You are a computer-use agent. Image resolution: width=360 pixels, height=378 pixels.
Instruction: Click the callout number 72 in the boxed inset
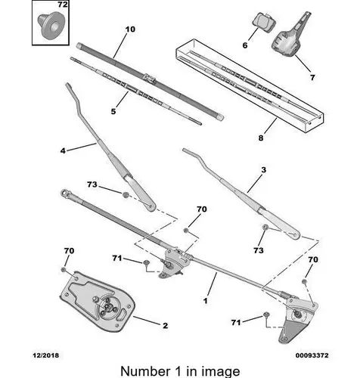[63, 5]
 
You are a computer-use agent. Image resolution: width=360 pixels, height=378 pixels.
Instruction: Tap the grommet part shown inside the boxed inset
[51, 25]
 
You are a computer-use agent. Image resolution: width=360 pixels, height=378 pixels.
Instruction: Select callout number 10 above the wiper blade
[130, 29]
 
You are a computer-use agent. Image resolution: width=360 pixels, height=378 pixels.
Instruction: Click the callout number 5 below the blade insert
[113, 111]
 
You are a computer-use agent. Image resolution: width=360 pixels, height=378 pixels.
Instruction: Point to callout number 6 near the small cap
[245, 45]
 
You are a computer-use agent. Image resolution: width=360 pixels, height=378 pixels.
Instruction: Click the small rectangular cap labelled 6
[263, 23]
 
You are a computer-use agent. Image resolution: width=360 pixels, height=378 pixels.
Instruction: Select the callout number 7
[312, 77]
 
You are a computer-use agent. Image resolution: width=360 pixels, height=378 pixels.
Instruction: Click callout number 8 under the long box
[261, 138]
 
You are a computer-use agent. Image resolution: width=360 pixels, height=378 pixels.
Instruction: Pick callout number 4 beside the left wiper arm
[63, 150]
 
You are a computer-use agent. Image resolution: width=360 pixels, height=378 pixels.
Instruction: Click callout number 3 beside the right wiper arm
[263, 170]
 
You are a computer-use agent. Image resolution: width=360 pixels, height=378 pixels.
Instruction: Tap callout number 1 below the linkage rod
[206, 301]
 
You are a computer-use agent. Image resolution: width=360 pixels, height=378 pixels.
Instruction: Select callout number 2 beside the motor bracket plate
[165, 326]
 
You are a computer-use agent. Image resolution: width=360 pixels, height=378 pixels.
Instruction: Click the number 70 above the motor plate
[69, 251]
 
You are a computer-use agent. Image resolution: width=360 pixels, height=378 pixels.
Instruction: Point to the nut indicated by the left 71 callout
[146, 262]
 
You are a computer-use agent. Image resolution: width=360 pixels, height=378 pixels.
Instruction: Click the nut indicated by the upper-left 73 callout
[126, 194]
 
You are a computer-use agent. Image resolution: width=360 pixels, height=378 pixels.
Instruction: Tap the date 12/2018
[46, 355]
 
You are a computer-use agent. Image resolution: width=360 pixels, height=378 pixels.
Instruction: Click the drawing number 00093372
[312, 355]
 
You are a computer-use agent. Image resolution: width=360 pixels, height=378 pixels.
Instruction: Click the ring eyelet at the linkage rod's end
[64, 193]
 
